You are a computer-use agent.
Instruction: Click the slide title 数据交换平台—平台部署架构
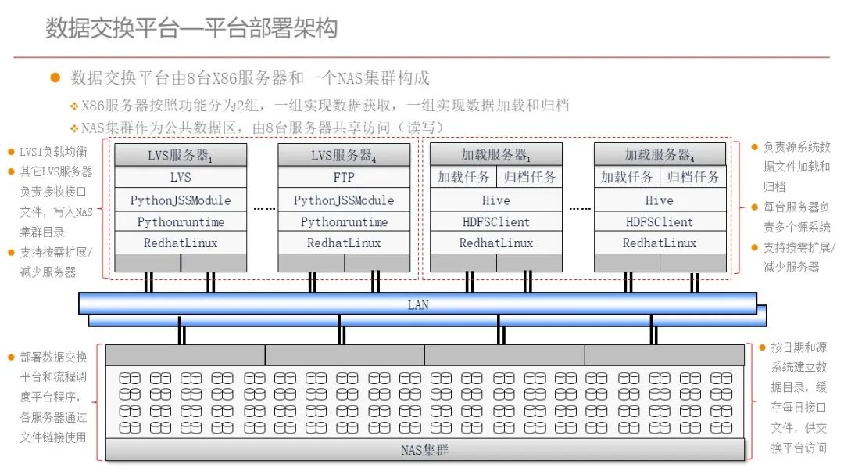pos(191,29)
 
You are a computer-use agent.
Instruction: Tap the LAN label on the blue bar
pos(418,304)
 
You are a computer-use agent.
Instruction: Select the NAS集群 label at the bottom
pos(424,450)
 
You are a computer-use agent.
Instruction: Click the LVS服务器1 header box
pos(181,155)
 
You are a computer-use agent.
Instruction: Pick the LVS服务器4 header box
pos(344,155)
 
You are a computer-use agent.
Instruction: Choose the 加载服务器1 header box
pos(496,155)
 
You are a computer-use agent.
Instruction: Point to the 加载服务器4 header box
pos(660,155)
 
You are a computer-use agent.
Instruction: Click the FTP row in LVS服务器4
pos(344,178)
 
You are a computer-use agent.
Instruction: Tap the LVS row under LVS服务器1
pos(181,178)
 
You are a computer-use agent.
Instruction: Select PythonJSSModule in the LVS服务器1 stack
pos(181,200)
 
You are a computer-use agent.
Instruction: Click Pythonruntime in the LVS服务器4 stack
pos(344,222)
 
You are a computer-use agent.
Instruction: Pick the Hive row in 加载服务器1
pos(496,200)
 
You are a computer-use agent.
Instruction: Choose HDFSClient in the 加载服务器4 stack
pos(660,222)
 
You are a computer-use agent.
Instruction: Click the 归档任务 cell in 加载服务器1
pos(530,178)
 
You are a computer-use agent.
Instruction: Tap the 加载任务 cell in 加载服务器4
pos(627,178)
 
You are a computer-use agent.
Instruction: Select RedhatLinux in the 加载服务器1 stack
pos(496,243)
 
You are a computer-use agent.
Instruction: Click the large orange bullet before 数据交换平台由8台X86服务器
pos(55,77)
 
